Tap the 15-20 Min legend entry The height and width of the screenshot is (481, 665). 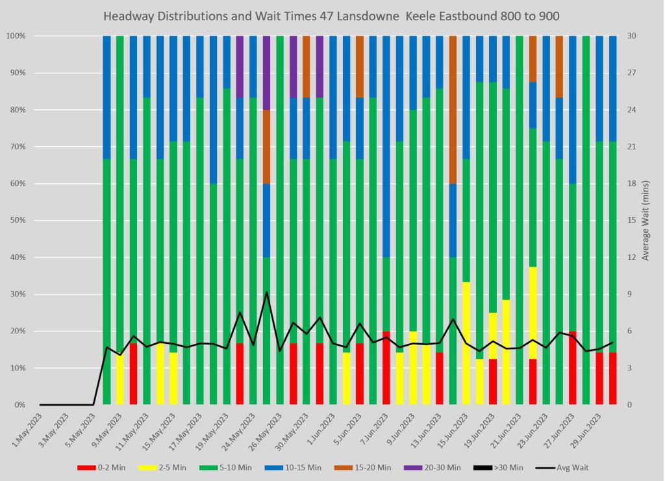click(368, 467)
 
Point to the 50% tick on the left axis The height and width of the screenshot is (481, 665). click(16, 220)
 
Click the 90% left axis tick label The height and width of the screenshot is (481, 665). click(16, 73)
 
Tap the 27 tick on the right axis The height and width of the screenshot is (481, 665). click(633, 73)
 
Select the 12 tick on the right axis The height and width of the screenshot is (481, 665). click(633, 257)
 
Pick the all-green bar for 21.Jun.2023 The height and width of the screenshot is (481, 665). click(520, 220)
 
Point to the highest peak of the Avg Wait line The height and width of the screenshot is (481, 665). click(266, 292)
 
